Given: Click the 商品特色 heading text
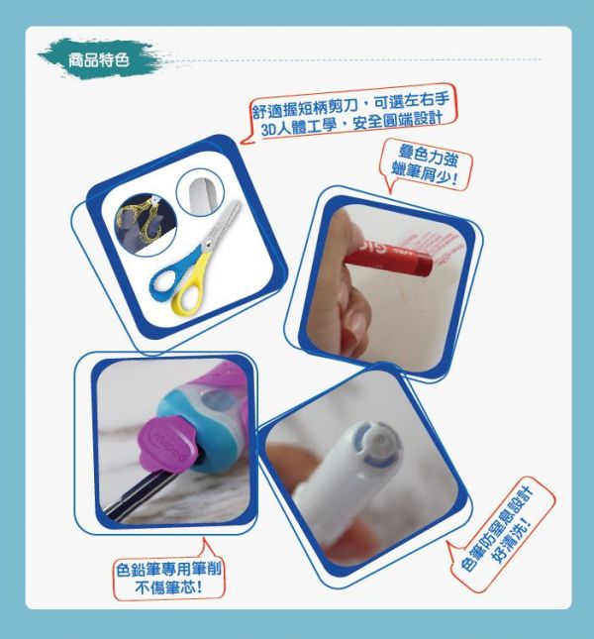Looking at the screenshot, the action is [x=99, y=60].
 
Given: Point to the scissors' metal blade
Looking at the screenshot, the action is [x=222, y=222].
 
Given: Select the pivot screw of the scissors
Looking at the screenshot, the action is [x=207, y=245].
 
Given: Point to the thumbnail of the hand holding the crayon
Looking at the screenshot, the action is [x=387, y=285].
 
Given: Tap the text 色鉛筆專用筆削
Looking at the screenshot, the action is [x=168, y=569].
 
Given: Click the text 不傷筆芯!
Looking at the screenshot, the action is [x=168, y=587].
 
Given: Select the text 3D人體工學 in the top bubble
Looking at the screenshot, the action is [x=299, y=127].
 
